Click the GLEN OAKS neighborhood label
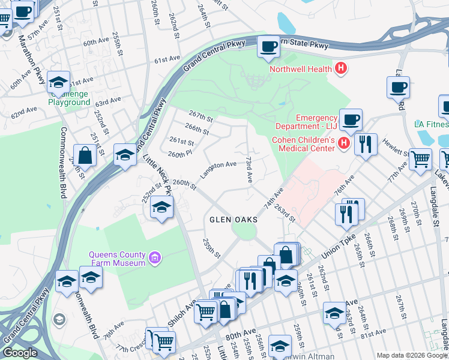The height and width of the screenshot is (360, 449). tap(234, 220)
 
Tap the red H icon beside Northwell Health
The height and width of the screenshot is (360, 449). tap(341, 68)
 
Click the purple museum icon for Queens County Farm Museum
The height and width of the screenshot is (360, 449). tap(155, 258)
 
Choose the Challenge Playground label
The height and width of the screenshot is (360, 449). tap(69, 98)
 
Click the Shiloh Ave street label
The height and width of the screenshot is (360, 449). tap(182, 314)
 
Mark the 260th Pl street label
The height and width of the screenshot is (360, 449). tap(179, 154)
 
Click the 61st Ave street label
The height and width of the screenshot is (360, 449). tap(167, 61)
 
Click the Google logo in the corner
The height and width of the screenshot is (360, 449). tap(19, 353)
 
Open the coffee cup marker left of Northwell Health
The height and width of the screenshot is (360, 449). tap(268, 46)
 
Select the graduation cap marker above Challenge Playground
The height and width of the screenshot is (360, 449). tap(58, 82)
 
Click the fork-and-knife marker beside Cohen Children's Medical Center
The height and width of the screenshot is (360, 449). tap(365, 144)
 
